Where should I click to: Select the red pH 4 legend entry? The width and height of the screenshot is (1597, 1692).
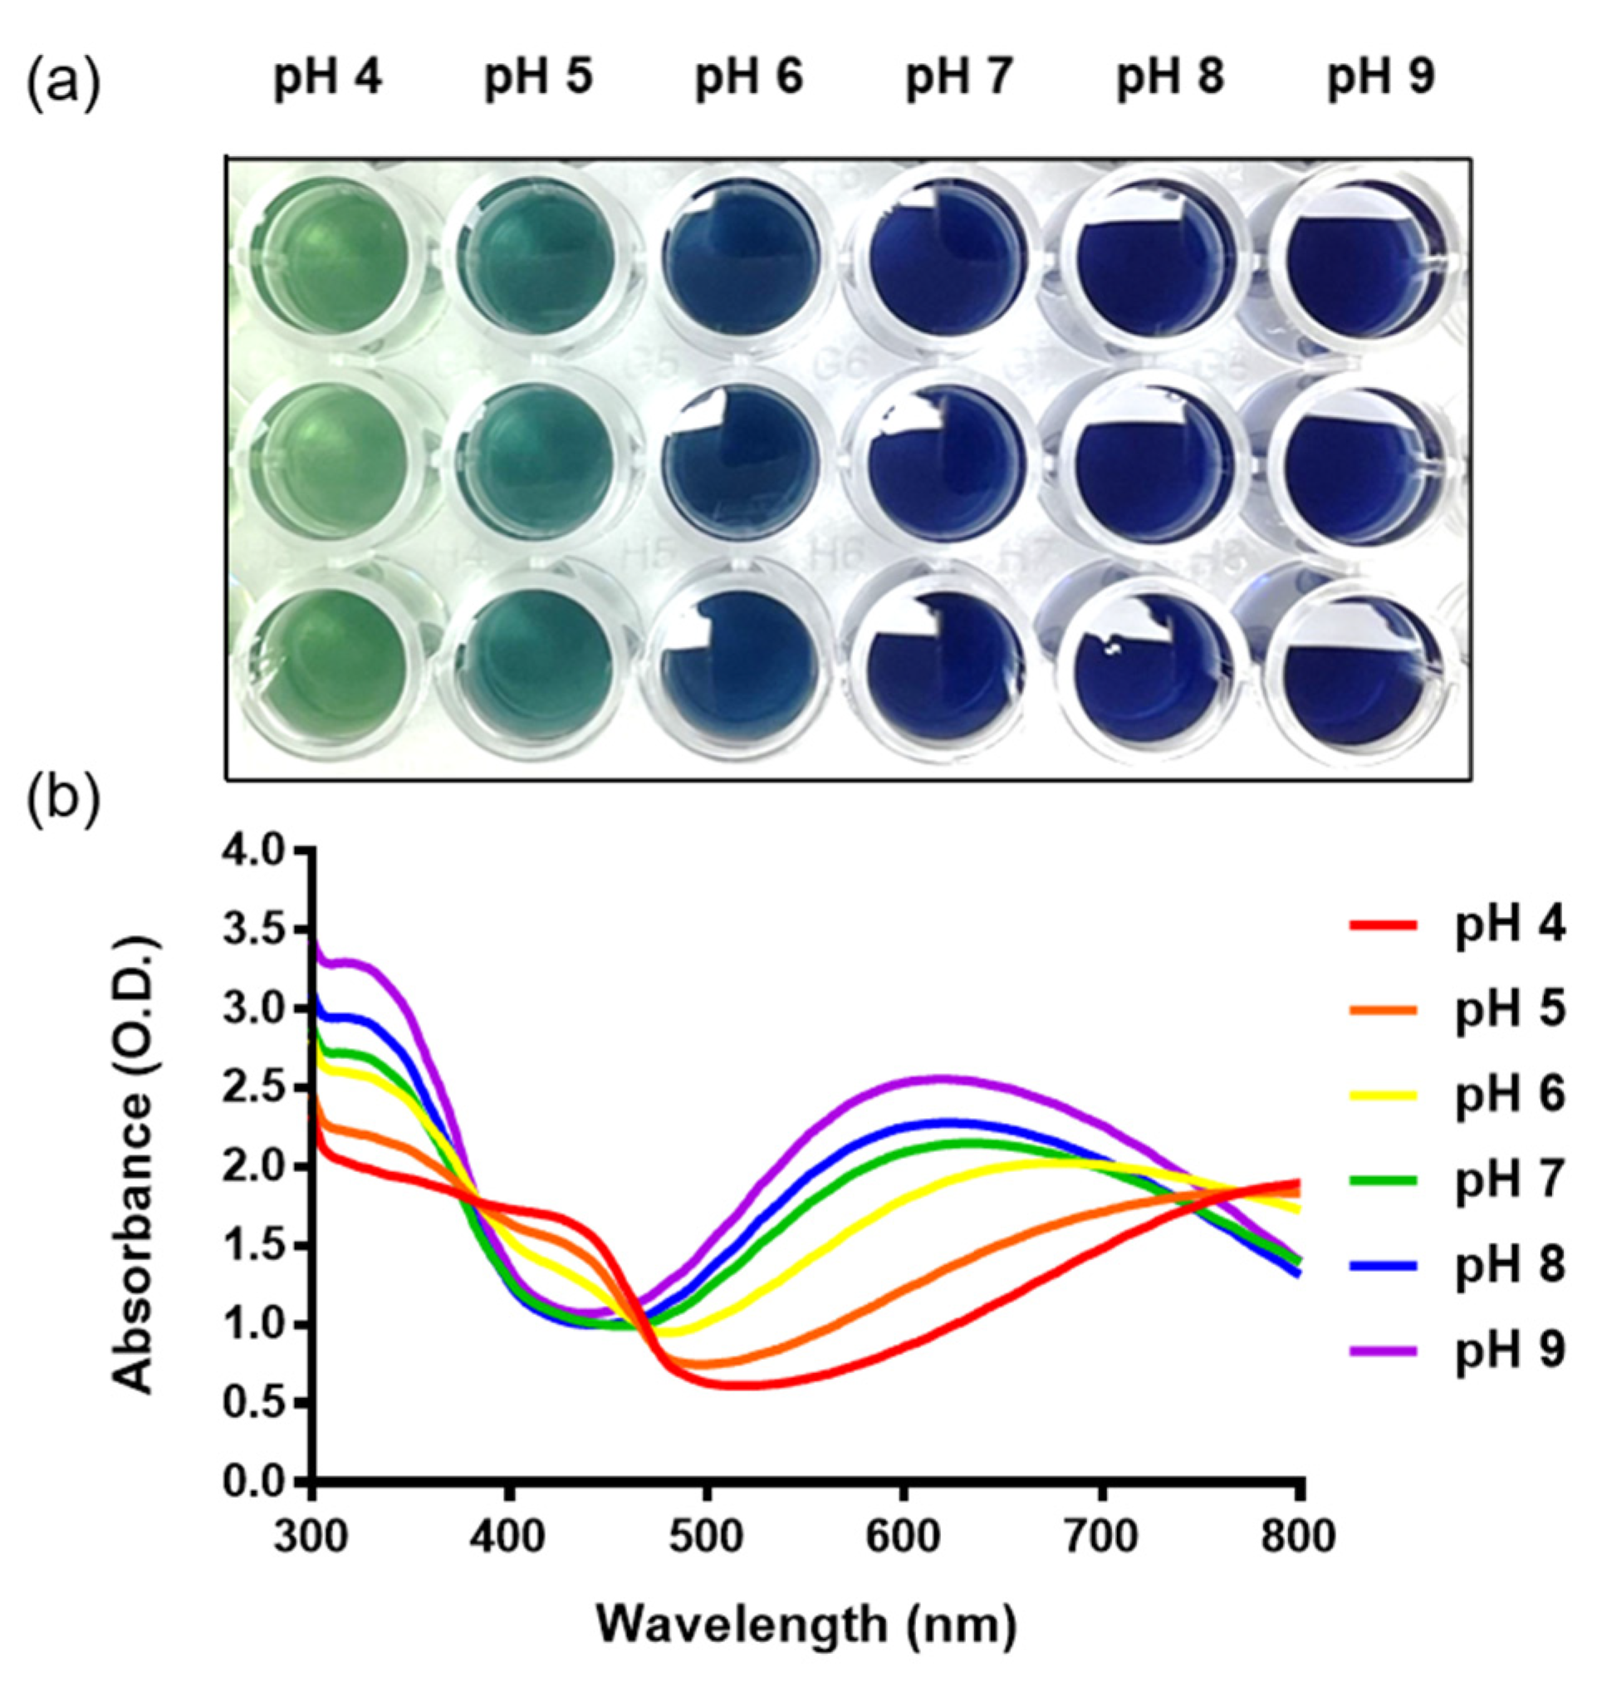(1456, 927)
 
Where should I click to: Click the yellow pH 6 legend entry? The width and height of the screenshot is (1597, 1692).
(1456, 1096)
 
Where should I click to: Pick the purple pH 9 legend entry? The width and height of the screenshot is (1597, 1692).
(1456, 1351)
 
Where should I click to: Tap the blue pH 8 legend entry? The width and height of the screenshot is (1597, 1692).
(1456, 1265)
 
